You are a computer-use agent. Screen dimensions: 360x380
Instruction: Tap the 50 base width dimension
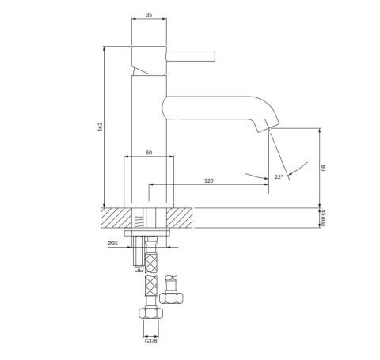tap(148, 152)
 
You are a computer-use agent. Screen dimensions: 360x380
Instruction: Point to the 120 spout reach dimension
tap(208, 181)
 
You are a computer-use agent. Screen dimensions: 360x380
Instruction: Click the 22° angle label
tap(278, 177)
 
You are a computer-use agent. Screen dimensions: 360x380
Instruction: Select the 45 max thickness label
tap(323, 218)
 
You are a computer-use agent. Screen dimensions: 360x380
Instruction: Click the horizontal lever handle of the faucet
tap(190, 55)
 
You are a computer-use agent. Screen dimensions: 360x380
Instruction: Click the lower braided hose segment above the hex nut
tap(150, 285)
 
